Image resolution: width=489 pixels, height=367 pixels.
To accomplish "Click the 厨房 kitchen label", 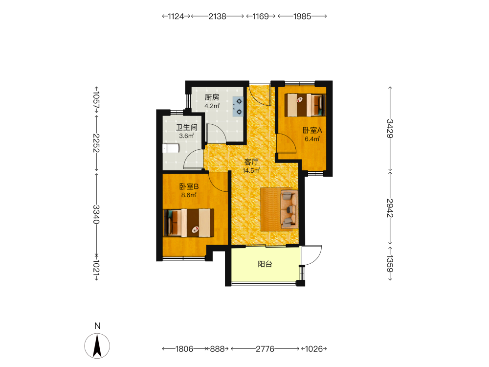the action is click(212, 97).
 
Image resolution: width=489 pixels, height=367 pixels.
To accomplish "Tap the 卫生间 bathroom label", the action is click(186, 127).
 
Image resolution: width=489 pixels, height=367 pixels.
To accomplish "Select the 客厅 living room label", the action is click(251, 162).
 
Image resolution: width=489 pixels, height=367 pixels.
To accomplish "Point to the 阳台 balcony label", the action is click(265, 264).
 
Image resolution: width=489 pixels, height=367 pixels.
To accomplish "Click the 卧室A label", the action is click(312, 131).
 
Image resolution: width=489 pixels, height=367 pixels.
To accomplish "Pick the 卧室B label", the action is click(189, 186).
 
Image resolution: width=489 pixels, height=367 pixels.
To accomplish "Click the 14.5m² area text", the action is click(251, 171).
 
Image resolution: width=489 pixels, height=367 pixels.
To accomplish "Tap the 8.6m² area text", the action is click(189, 195).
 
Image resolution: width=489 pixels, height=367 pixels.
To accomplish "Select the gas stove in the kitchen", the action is click(238, 106).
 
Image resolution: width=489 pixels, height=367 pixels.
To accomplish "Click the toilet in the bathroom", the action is click(171, 148).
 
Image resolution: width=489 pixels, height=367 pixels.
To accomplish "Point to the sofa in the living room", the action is click(289, 208).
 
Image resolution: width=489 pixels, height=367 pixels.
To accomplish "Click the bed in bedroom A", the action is click(305, 105).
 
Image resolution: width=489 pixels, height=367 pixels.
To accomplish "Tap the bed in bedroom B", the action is click(189, 223).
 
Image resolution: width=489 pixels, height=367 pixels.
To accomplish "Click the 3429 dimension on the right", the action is click(390, 128).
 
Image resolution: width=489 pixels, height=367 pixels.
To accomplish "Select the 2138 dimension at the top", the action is click(218, 16).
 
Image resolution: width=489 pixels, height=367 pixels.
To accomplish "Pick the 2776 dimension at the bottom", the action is click(265, 348).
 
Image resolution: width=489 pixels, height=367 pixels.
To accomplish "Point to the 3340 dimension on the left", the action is click(96, 214).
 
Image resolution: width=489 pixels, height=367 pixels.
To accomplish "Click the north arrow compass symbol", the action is click(97, 346).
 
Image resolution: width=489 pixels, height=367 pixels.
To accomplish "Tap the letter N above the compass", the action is click(97, 326).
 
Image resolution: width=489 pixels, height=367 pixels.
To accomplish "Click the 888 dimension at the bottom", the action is click(217, 348).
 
